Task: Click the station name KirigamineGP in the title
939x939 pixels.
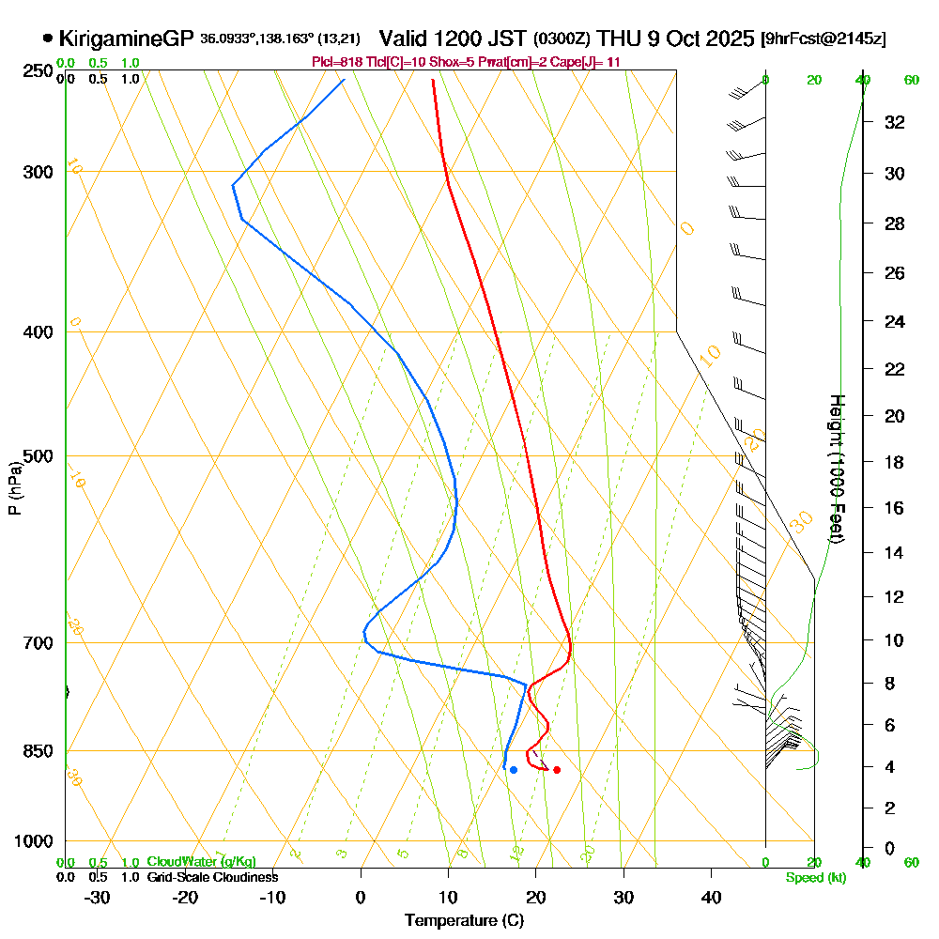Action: tap(127, 38)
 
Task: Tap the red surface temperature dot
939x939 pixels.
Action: tap(557, 770)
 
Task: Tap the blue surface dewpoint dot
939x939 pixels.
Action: tap(514, 770)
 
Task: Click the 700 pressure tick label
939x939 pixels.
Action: tap(38, 643)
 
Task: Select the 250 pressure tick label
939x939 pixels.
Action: tap(38, 71)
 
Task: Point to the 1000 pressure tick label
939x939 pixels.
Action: tap(34, 841)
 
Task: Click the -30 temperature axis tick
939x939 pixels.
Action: tap(98, 897)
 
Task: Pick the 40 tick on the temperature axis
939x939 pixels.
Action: tap(712, 897)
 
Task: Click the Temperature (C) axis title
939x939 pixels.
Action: tap(464, 920)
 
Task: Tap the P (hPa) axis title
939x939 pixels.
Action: tap(14, 488)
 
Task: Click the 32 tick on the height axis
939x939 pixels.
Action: tap(895, 122)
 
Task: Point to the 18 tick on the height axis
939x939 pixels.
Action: tap(895, 462)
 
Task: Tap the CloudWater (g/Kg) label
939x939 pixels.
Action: tap(201, 862)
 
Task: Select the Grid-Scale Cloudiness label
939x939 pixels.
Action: tap(212, 877)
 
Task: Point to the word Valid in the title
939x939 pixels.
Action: tap(406, 38)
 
